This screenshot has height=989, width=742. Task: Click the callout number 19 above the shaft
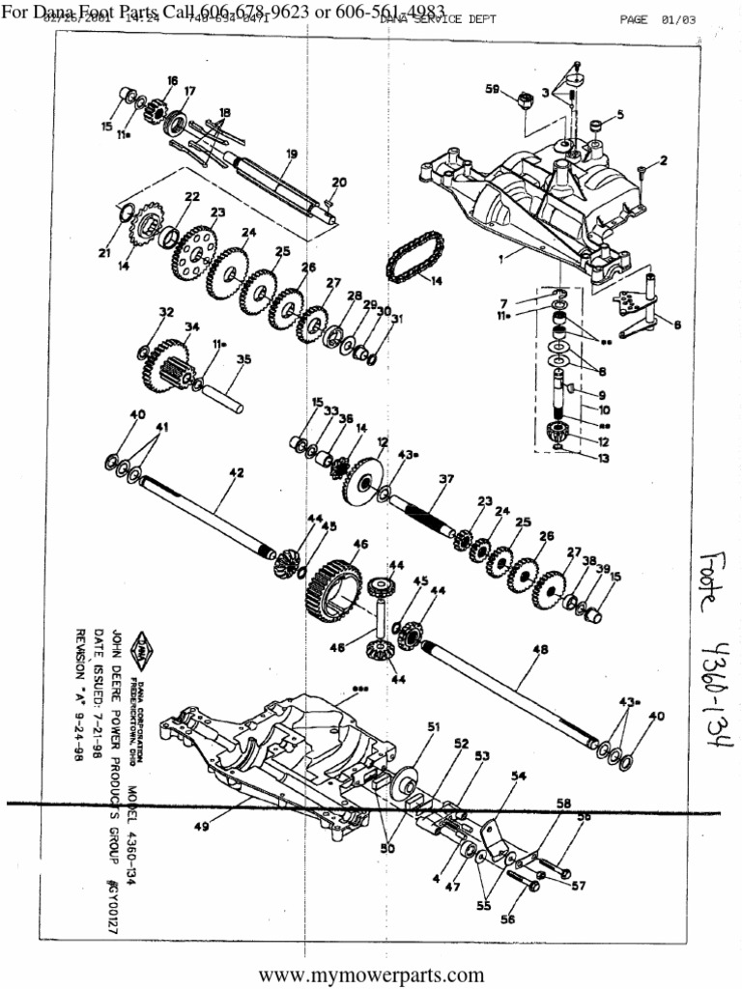(x=292, y=154)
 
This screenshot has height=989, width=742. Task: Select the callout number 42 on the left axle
(x=236, y=472)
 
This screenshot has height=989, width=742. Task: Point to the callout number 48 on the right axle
(x=539, y=650)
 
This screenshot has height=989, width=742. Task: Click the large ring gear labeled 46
(x=333, y=589)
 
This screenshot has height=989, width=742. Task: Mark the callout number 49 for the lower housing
(x=201, y=827)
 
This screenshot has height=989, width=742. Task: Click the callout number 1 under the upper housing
(x=500, y=260)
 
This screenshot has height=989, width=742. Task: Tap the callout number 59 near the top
(x=492, y=90)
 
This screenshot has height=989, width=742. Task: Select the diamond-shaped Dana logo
(x=143, y=645)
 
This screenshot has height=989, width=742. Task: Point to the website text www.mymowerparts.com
(x=371, y=975)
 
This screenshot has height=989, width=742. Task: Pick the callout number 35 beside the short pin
(x=243, y=358)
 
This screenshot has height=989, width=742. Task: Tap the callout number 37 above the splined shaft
(x=445, y=479)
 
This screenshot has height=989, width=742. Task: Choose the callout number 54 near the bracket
(x=519, y=776)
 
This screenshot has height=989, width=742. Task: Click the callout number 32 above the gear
(x=166, y=312)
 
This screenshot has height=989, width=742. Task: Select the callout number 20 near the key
(x=338, y=182)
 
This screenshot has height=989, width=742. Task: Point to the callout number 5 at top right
(x=619, y=114)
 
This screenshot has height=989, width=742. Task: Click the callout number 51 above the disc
(x=434, y=726)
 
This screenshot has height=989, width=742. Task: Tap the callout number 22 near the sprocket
(x=192, y=196)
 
